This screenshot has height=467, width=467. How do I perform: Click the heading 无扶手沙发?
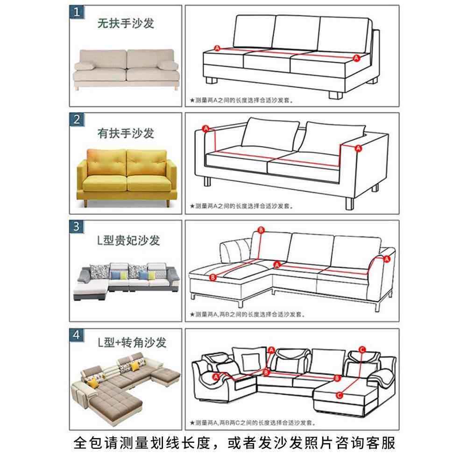tap(126, 23)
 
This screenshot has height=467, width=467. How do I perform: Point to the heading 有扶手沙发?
tap(126, 133)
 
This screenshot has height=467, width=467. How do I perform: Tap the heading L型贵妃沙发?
tap(128, 241)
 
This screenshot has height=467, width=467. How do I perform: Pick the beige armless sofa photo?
tap(126, 68)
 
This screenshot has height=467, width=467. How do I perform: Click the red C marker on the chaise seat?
tap(340, 396)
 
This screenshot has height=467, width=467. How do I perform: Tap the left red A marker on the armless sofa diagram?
tap(216, 48)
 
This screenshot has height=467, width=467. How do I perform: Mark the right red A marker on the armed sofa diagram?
tap(358, 148)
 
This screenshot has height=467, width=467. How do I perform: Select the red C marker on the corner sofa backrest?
tap(361, 349)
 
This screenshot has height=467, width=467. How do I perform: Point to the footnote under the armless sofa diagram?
tap(243, 99)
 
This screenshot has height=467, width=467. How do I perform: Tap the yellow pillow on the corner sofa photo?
tap(93, 384)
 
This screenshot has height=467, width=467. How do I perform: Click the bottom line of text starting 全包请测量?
tap(233, 443)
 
